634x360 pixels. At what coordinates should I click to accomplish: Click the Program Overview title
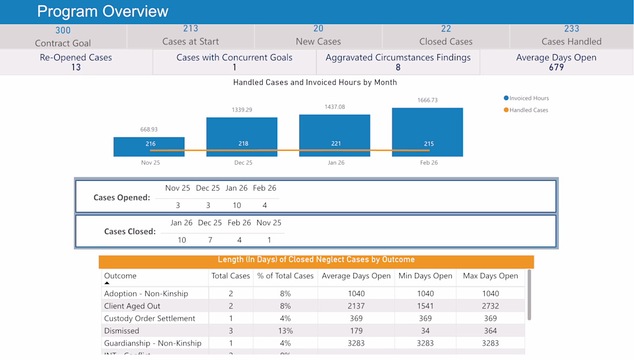(103, 12)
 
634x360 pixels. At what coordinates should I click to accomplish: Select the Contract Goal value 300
(63, 31)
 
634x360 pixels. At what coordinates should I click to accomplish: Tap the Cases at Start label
(191, 41)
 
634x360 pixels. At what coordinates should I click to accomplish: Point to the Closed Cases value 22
(446, 29)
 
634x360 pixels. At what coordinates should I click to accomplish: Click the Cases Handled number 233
(571, 29)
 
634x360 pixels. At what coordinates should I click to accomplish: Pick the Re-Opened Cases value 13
(76, 67)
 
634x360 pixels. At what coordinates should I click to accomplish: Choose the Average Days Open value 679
(556, 67)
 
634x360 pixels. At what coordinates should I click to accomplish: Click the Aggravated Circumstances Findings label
(398, 58)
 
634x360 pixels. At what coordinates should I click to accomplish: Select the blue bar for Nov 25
(149, 147)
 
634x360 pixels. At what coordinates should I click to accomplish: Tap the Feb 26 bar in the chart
(427, 132)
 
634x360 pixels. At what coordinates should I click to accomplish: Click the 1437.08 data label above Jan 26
(335, 107)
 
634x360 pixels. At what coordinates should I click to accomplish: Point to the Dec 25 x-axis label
(243, 162)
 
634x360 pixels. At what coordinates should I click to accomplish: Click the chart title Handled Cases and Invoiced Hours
(315, 82)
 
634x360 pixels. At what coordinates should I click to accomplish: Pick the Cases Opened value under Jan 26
(237, 206)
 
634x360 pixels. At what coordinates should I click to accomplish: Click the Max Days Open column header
(490, 276)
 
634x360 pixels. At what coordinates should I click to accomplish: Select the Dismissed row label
(122, 331)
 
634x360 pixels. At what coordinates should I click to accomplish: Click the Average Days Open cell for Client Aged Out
(356, 306)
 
